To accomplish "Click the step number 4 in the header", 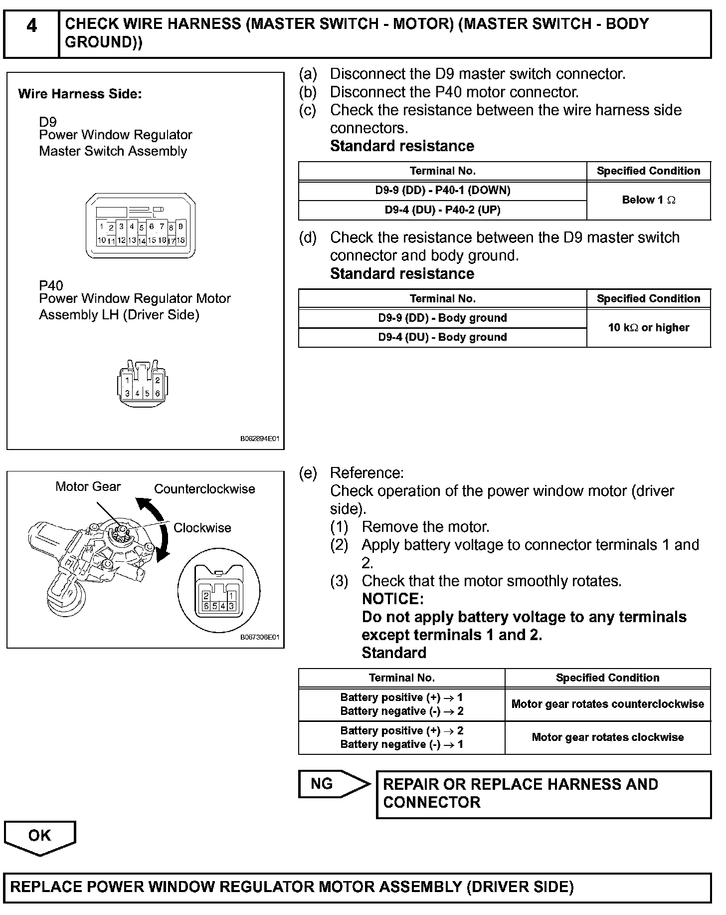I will click(31, 26).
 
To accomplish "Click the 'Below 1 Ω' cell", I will click(648, 200).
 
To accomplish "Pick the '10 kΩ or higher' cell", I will click(648, 328).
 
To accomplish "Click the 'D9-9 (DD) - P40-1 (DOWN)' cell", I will click(442, 191).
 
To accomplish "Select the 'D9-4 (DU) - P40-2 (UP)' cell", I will click(442, 210).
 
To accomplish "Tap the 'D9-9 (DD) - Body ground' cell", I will click(442, 318).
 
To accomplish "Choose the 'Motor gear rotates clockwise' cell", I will click(607, 737).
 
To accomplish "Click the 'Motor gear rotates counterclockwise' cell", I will click(607, 704).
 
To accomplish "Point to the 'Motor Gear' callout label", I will click(88, 486).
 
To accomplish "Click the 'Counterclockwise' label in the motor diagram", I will click(204, 489).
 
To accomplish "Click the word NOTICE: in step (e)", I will click(392, 599).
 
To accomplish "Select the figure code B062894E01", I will click(260, 439).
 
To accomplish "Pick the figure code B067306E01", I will click(260, 638).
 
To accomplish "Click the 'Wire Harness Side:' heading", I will click(80, 94).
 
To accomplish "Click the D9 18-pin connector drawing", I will click(141, 226).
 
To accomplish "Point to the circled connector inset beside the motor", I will click(219, 592).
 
